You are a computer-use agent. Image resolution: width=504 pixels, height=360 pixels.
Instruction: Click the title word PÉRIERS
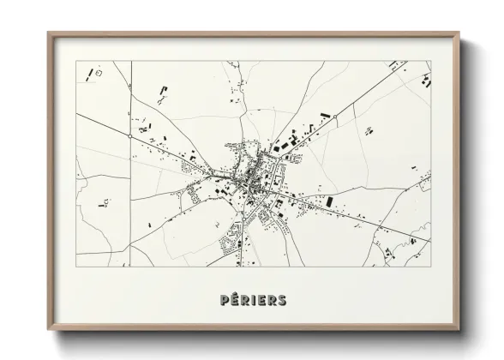(252, 299)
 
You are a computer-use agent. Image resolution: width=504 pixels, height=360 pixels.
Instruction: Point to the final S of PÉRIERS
(282, 299)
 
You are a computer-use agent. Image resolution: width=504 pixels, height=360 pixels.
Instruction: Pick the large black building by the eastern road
(329, 201)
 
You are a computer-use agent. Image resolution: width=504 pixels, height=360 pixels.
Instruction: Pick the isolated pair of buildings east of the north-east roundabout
(369, 129)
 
